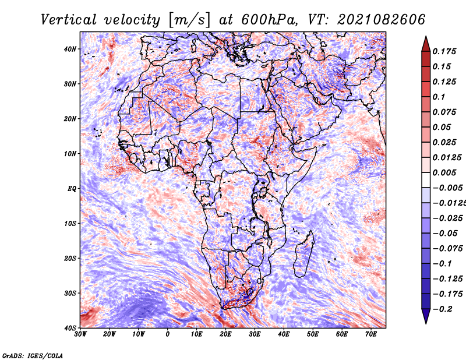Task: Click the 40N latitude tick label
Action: [x=70, y=49]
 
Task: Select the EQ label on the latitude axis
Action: [x=72, y=189]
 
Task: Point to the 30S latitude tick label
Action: [x=70, y=293]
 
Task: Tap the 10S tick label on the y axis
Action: [x=70, y=223]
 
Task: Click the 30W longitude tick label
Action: [x=80, y=334]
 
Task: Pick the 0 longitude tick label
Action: [x=168, y=334]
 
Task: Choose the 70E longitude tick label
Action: [x=371, y=334]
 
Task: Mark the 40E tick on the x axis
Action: [x=284, y=334]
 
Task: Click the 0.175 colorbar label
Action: [x=444, y=52]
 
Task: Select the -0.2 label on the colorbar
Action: [x=443, y=309]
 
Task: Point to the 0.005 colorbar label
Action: [x=444, y=172]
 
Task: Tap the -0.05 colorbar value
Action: [x=445, y=234]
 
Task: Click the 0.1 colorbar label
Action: [x=439, y=97]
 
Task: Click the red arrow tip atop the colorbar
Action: [x=426, y=37]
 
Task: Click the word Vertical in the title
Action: [x=69, y=20]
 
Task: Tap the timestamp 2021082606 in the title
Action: [x=382, y=20]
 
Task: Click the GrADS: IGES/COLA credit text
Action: [x=33, y=355]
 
